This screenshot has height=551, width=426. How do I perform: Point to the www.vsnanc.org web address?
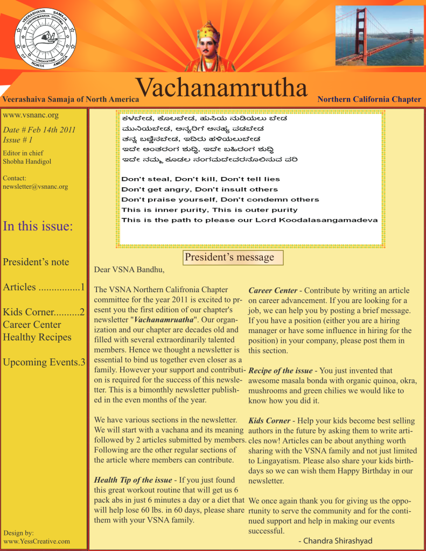pos(31,115)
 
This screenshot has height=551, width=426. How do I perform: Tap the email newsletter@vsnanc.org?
pos(36,187)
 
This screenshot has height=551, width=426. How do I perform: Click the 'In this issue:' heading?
pos(38,226)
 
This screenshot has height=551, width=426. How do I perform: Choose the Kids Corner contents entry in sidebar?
pos(44,312)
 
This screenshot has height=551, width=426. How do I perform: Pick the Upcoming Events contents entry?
pos(44,362)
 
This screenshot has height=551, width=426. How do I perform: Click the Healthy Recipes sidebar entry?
pos(37,337)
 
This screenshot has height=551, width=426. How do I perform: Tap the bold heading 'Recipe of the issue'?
pos(280,371)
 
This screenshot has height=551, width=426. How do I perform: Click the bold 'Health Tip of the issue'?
pos(133,480)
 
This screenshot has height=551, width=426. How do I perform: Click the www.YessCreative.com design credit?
pos(37,541)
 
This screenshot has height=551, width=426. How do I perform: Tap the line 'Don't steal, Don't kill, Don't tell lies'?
pos(201,179)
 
